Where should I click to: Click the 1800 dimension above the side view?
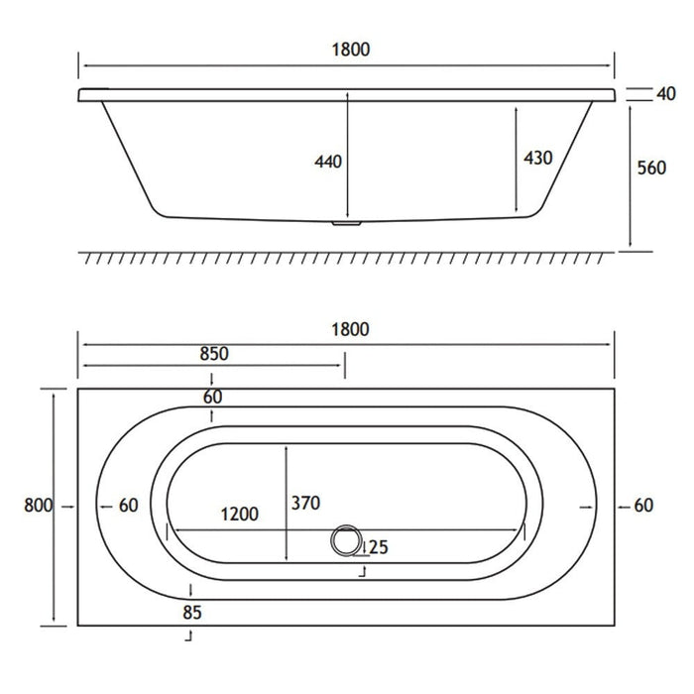pyautogui.click(x=351, y=50)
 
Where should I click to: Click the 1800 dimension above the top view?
pyautogui.click(x=350, y=330)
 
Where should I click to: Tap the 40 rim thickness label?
pyautogui.click(x=666, y=94)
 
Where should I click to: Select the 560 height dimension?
pyautogui.click(x=651, y=168)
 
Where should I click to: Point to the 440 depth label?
pyautogui.click(x=328, y=162)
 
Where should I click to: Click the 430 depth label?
pyautogui.click(x=538, y=158)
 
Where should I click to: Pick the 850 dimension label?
pyautogui.click(x=214, y=354)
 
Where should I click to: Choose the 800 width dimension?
pyautogui.click(x=38, y=505)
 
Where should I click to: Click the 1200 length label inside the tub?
pyautogui.click(x=240, y=515)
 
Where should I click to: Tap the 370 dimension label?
pyautogui.click(x=305, y=504)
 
